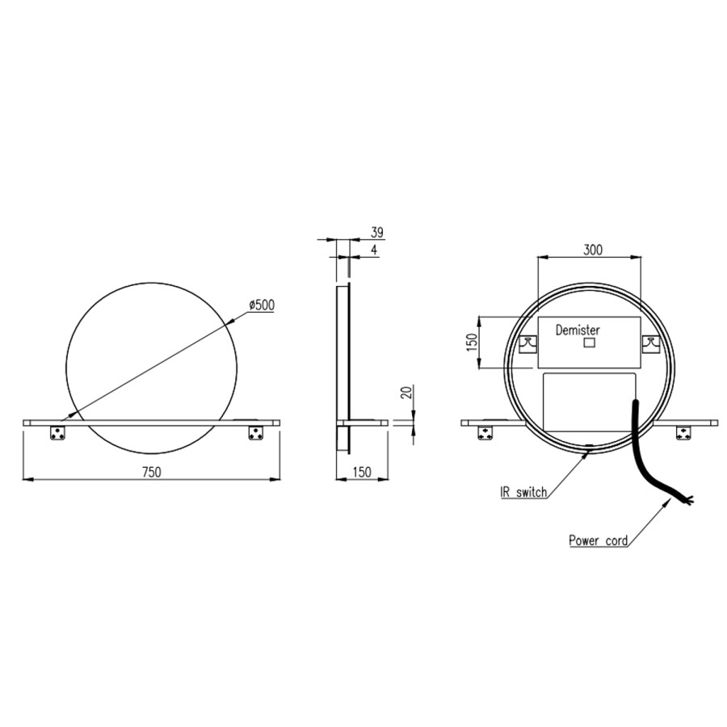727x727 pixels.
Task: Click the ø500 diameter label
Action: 262,305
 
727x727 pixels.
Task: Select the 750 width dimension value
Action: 151,472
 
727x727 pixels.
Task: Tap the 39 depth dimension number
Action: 376,233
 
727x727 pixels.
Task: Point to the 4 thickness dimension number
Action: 374,250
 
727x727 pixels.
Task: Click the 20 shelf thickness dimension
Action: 406,393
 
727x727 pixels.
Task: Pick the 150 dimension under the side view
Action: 362,472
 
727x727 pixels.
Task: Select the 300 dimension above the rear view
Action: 593,250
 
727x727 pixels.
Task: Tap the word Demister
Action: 578,330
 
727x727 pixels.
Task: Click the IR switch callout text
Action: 523,491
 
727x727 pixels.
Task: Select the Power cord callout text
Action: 599,540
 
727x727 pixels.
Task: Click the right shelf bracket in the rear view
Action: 683,433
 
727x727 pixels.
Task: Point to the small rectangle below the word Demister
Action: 589,343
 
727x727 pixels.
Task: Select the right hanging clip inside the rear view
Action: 649,344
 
